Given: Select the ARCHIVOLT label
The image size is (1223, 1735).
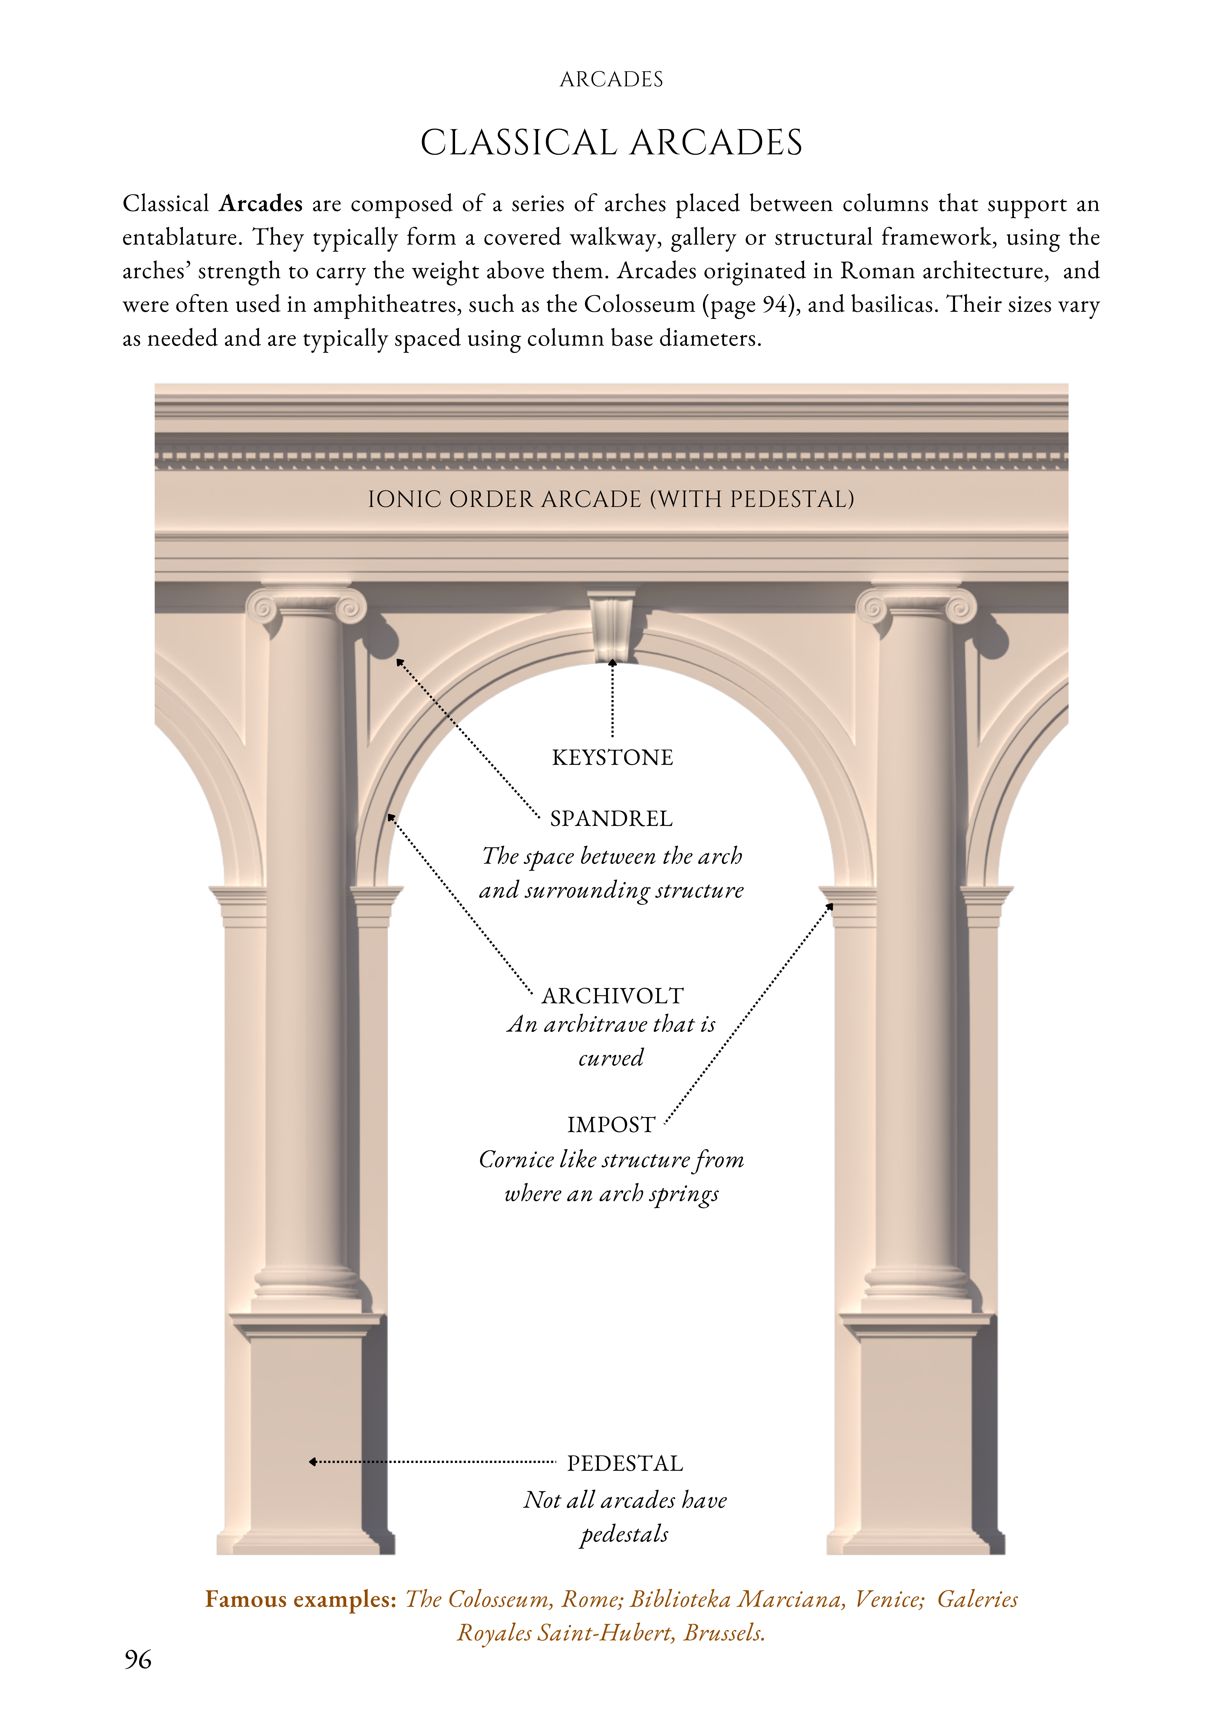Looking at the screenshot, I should pyautogui.click(x=612, y=996).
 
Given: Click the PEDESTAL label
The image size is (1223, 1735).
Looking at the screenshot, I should pyautogui.click(x=624, y=1464).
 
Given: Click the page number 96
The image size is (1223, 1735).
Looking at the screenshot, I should pyautogui.click(x=137, y=1660).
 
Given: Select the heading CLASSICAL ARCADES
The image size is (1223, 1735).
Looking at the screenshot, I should pyautogui.click(x=611, y=143).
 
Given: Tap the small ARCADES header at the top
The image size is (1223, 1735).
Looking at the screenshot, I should pyautogui.click(x=611, y=79).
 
